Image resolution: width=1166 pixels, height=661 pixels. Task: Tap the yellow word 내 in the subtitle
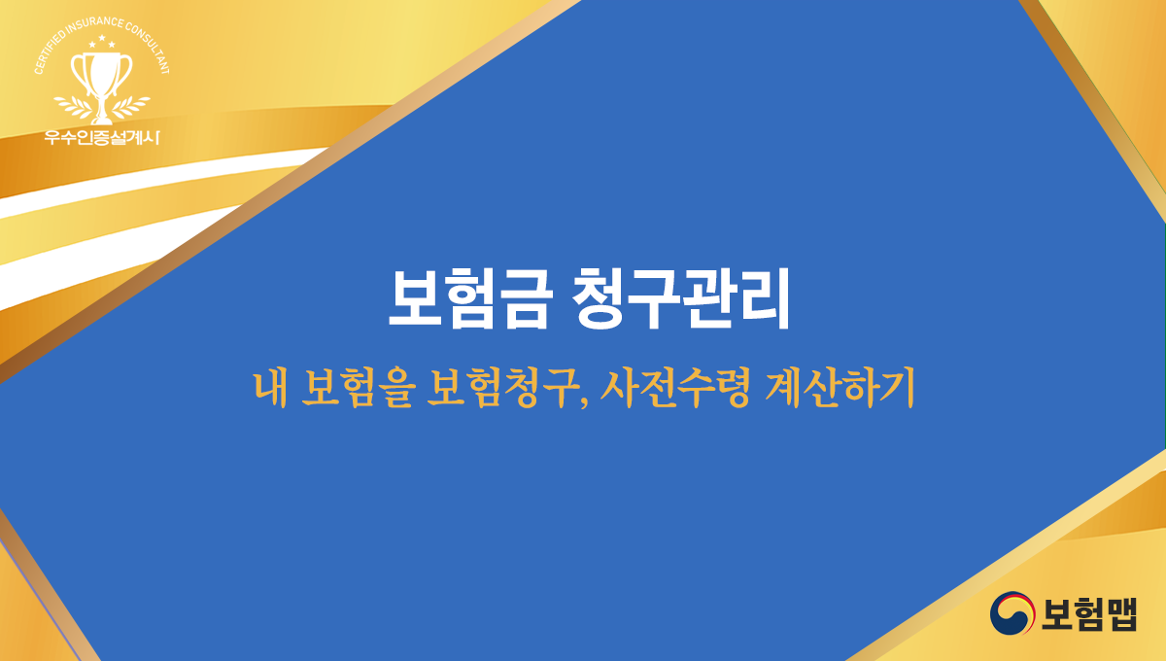pyautogui.click(x=266, y=389)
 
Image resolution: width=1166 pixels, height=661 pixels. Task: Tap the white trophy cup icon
pyautogui.click(x=102, y=74)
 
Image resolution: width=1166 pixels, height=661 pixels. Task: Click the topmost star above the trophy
pyautogui.click(x=102, y=38)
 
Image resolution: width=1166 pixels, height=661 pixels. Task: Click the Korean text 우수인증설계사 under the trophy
pyautogui.click(x=102, y=136)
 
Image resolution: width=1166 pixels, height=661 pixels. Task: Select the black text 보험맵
pyautogui.click(x=1089, y=613)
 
